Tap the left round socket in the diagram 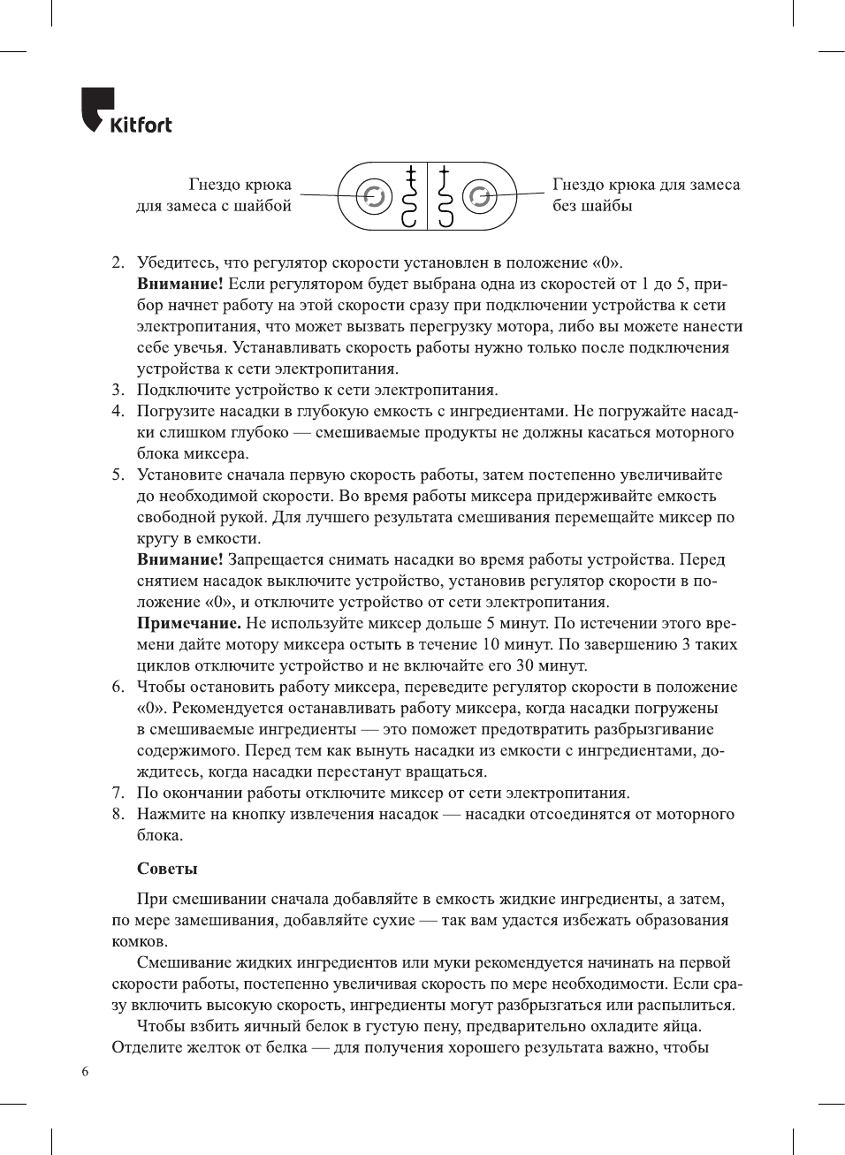pyautogui.click(x=374, y=196)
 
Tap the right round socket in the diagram pyautogui.click(x=480, y=196)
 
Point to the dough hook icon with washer pyautogui.click(x=409, y=196)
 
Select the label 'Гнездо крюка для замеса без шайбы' pyautogui.click(x=645, y=195)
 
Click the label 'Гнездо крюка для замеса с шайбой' pyautogui.click(x=214, y=195)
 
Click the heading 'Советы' pyautogui.click(x=167, y=869)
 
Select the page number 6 pyautogui.click(x=85, y=1072)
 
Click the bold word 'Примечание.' pyautogui.click(x=188, y=623)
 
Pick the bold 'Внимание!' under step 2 pyautogui.click(x=179, y=284)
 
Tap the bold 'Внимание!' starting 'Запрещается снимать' pyautogui.click(x=179, y=559)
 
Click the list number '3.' pyautogui.click(x=118, y=390)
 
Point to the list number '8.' pyautogui.click(x=118, y=814)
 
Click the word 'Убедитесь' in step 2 pyautogui.click(x=178, y=262)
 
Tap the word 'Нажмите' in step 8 pyautogui.click(x=170, y=814)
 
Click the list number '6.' pyautogui.click(x=118, y=687)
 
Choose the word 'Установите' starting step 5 pyautogui.click(x=180, y=475)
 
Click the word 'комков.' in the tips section pyautogui.click(x=139, y=941)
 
